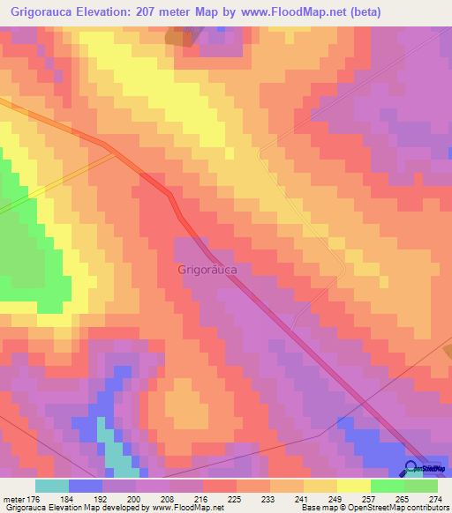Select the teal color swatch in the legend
pos(52,486)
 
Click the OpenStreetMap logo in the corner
pos(428,467)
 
